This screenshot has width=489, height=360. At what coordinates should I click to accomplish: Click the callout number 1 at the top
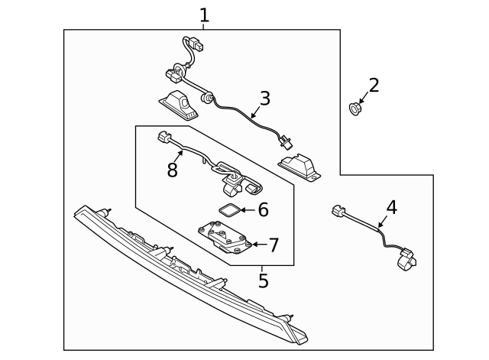pyautogui.click(x=203, y=15)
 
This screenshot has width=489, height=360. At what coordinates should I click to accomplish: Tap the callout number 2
pyautogui.click(x=373, y=85)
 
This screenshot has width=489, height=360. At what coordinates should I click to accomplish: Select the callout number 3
pyautogui.click(x=264, y=99)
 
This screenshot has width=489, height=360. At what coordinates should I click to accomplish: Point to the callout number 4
pyautogui.click(x=391, y=207)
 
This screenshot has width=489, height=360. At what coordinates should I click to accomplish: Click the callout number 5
pyautogui.click(x=263, y=281)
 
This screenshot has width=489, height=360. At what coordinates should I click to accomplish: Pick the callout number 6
pyautogui.click(x=263, y=209)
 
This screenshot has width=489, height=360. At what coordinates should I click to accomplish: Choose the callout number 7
pyautogui.click(x=273, y=245)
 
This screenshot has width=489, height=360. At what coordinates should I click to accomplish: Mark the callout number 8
pyautogui.click(x=173, y=170)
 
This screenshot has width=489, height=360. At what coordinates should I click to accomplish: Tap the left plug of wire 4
pyautogui.click(x=338, y=212)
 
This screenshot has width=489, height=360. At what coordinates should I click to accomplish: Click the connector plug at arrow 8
pyautogui.click(x=162, y=138)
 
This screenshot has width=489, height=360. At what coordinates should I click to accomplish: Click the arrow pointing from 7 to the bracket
pyautogui.click(x=257, y=245)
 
